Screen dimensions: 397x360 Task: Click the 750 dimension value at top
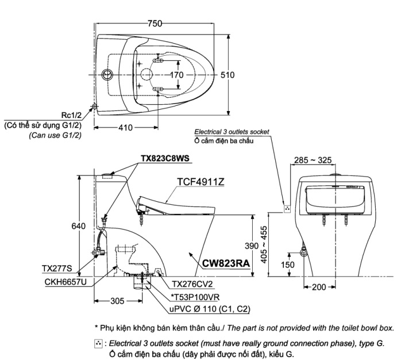pos(155,24)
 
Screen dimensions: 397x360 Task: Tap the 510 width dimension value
pos(228,75)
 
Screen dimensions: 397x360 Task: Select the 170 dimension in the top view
pos(176,75)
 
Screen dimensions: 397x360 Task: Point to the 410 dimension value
pos(126,128)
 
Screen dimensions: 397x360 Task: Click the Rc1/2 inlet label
pos(72,115)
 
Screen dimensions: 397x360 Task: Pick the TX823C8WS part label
pos(165,158)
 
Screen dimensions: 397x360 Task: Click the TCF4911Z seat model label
pos(201,182)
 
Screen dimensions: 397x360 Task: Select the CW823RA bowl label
pos(226,263)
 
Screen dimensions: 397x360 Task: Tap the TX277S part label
pos(57,269)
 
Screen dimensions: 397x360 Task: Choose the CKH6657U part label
pos(65,282)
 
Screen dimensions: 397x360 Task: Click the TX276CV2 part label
pos(192,284)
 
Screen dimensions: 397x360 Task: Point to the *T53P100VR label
pos(195,297)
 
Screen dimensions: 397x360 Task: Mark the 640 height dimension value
pos(78,226)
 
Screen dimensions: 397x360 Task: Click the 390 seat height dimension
pos(252,246)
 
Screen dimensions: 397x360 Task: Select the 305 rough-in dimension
pos(117,301)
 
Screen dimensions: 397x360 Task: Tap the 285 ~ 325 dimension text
pos(313,160)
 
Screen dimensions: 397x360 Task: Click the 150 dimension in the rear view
pos(288,265)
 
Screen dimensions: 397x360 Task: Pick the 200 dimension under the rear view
pos(319,287)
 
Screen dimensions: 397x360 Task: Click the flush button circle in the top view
pos(107,75)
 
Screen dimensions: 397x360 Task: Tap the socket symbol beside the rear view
pos(287,209)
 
